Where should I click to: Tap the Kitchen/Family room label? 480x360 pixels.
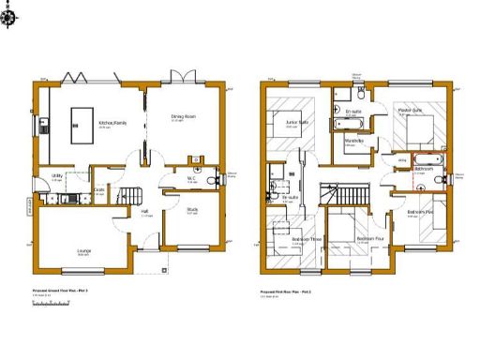click(112, 123)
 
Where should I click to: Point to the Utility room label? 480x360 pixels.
click(57, 175)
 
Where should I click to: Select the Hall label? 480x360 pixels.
click(145, 211)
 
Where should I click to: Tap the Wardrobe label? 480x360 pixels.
click(354, 141)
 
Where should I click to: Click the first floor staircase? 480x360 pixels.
click(331, 196)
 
